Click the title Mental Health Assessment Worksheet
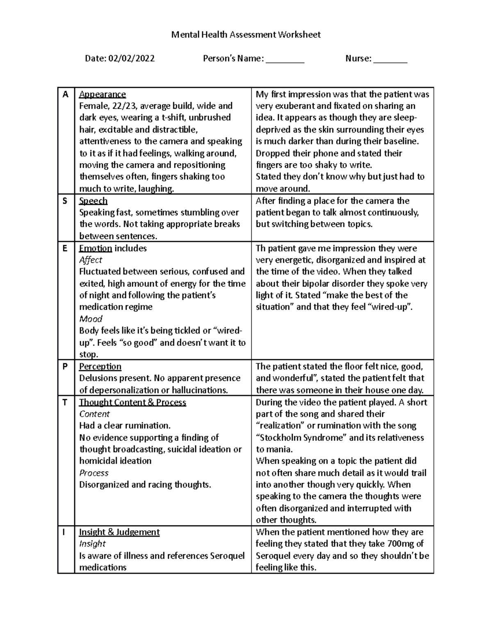point(246,35)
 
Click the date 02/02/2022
point(131,59)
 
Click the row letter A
point(65,94)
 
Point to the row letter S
point(65,201)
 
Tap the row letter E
point(65,248)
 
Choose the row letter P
point(65,366)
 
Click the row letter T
point(65,402)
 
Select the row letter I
point(64,532)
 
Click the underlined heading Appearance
point(102,94)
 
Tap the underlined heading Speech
point(93,201)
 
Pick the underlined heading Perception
point(100,366)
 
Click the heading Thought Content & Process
point(132,402)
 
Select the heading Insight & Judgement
point(119,532)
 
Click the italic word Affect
point(90,260)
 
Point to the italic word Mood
point(90,319)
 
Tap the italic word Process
point(93,473)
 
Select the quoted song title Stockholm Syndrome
point(301,438)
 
